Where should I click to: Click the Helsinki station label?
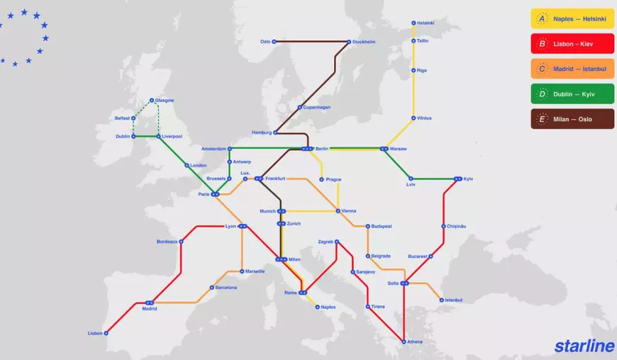coord(426,23)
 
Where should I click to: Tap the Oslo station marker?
coord(274,42)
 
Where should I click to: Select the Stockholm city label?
coord(364,42)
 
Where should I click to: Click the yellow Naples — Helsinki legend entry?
coord(572,19)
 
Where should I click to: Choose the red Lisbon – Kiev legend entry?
coord(572,44)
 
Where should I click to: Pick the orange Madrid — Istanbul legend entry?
coord(572,69)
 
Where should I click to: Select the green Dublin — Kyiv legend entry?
coord(572,94)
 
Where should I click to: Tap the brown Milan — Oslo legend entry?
coord(572,119)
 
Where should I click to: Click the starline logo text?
coord(584,346)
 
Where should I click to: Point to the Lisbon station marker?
coord(106,332)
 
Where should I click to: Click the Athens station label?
coord(415,342)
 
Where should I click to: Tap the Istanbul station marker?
coord(441,300)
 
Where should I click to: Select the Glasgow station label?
coord(165,101)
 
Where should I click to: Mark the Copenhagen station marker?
coord(300,107)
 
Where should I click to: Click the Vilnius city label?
coord(424,118)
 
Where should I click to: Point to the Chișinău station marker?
coord(444,226)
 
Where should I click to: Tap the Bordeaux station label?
coord(167,242)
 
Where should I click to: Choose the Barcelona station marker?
coord(211,288)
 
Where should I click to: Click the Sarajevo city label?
coord(365,271)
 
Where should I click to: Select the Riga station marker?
coord(413,70)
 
